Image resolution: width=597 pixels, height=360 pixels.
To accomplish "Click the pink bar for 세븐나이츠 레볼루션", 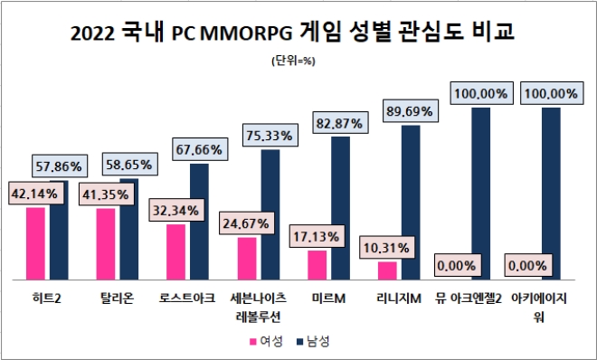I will pos(247,258).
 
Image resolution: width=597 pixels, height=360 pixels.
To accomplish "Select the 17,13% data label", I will pos(316,236).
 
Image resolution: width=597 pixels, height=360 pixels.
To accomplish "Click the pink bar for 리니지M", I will pos(387,270).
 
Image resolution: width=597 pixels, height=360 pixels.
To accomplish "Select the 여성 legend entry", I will pos(266,341).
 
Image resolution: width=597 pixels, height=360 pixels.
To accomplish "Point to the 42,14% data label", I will pos(34,194).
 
